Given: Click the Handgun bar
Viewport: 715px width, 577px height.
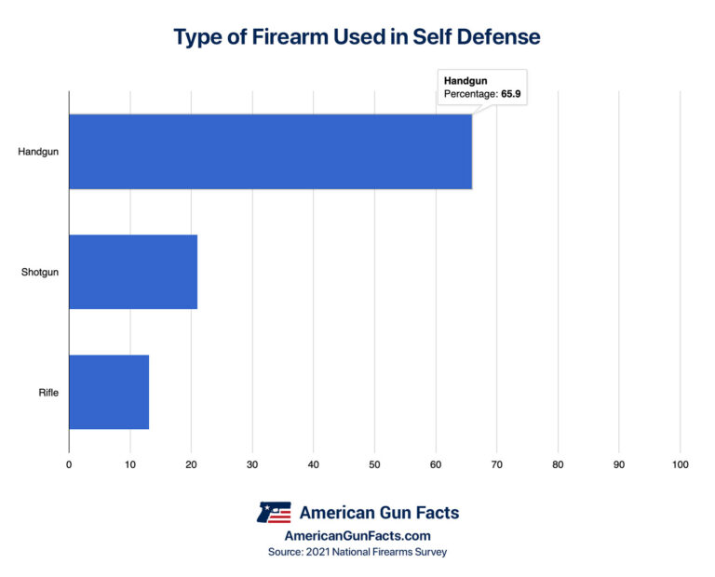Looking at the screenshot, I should [270, 152].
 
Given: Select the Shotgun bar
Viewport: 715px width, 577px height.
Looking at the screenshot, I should [133, 272].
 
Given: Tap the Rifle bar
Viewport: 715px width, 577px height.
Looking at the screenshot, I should [109, 392].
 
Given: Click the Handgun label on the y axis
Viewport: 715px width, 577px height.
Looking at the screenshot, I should [38, 152].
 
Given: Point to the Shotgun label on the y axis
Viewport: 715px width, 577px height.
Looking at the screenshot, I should [39, 272].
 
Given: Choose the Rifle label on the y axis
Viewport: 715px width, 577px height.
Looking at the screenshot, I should [47, 392].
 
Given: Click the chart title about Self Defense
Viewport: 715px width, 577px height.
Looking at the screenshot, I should [357, 38].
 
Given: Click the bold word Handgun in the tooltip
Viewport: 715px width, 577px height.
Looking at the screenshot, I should [465, 81].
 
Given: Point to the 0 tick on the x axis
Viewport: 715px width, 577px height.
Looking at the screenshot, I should [69, 463].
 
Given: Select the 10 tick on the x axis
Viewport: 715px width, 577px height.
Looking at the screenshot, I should [130, 463].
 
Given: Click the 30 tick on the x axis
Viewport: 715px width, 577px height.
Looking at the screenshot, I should [252, 463].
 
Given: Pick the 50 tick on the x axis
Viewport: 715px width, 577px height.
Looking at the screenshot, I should [374, 463].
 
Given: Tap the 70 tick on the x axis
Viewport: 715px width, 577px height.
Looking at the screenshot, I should [496, 463].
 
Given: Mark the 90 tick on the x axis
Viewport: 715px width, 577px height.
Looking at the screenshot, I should [618, 463].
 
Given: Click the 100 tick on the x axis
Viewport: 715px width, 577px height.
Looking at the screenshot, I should [680, 463].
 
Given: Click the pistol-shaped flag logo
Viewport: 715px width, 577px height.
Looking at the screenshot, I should [273, 512].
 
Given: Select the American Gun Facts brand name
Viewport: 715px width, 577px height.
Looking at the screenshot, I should [378, 512].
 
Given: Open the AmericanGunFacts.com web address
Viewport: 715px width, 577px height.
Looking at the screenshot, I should [357, 536].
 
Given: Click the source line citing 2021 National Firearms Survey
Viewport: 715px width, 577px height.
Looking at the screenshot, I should [357, 553].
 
